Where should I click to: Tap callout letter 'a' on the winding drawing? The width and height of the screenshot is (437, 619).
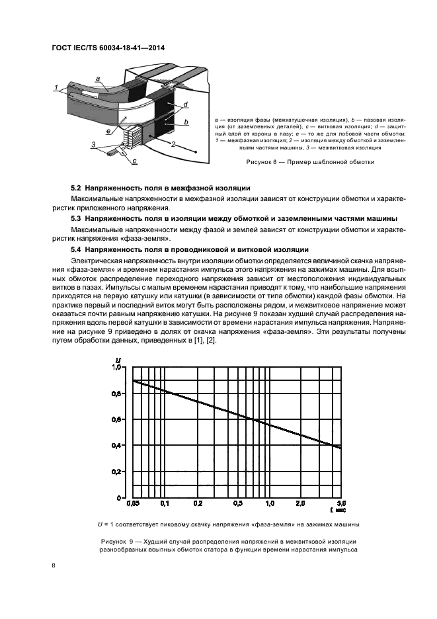click(98, 79)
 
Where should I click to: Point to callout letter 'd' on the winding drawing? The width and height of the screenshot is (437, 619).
click(187, 104)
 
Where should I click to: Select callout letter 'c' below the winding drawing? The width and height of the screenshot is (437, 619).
click(134, 161)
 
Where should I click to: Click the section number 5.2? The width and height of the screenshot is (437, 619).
click(75, 190)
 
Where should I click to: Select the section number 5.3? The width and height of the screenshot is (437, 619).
click(75, 218)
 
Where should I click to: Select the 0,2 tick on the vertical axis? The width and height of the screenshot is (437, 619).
click(118, 472)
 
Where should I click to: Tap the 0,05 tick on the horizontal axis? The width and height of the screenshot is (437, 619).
click(133, 503)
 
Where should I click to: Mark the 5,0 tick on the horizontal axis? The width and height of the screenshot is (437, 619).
click(342, 503)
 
